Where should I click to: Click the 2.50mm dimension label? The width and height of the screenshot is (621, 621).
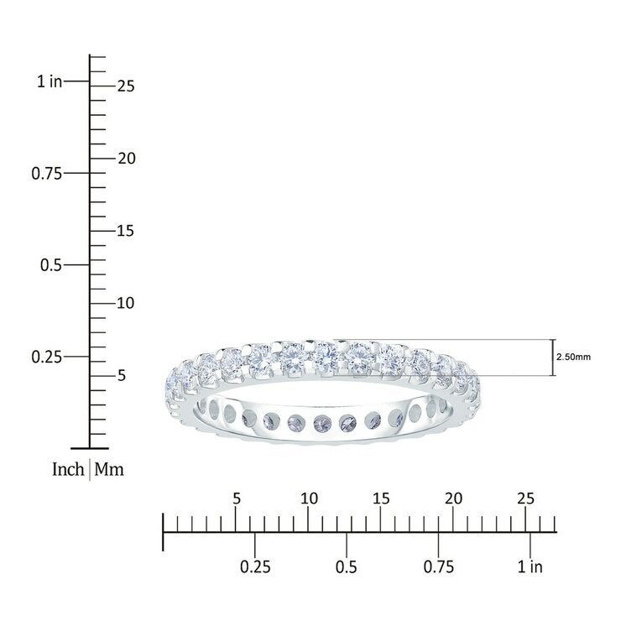tap(573, 357)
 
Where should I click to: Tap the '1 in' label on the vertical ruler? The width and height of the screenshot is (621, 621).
tap(50, 81)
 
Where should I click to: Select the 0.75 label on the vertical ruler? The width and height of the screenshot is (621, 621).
tap(47, 174)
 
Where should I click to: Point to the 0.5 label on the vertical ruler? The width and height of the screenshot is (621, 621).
tap(51, 265)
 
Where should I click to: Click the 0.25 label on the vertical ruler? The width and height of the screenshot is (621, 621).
tap(47, 357)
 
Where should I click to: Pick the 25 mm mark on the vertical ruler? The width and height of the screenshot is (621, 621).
tap(126, 86)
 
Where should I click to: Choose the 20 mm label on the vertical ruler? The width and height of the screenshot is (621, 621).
tap(127, 159)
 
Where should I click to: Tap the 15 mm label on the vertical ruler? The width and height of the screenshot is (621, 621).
tap(126, 231)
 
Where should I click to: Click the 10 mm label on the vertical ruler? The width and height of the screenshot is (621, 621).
tap(126, 304)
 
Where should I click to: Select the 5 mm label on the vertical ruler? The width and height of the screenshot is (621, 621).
tap(122, 375)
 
